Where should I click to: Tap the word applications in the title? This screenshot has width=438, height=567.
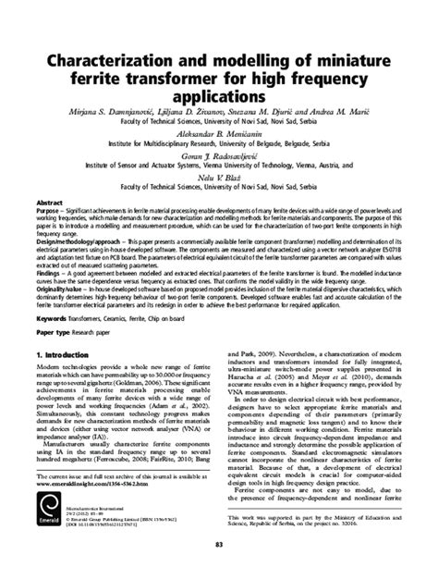(x=218, y=95)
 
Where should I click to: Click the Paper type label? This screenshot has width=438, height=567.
(x=55, y=328)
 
